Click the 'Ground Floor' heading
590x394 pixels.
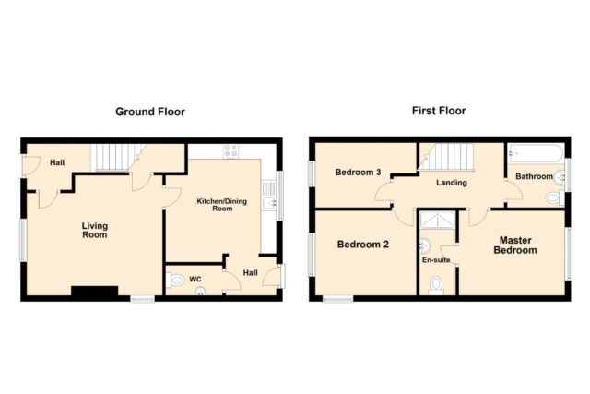(x=150, y=112)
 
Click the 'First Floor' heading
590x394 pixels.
(x=439, y=111)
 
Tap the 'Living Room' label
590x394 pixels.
(x=95, y=230)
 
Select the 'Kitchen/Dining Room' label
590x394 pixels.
(x=222, y=205)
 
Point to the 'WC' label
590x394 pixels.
(x=195, y=279)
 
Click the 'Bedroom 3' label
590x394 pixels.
(x=358, y=173)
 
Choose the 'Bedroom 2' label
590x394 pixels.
(x=362, y=245)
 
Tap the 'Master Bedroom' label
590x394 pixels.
(x=515, y=245)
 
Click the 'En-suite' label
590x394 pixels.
(x=436, y=260)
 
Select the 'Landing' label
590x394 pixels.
(x=452, y=183)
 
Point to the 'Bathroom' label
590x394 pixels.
(x=534, y=176)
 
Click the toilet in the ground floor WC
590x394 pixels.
(x=174, y=281)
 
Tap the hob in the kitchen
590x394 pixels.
(x=230, y=151)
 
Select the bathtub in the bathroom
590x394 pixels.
(x=535, y=153)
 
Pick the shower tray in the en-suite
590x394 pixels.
(x=438, y=221)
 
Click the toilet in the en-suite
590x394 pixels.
(x=436, y=285)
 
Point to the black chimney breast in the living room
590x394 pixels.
(x=95, y=292)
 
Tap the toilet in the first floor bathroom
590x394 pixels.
(x=555, y=197)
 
